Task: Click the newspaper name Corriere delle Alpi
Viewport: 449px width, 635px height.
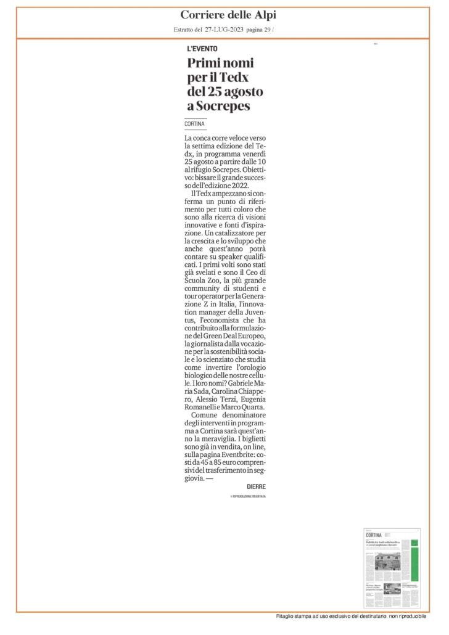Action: click(224, 15)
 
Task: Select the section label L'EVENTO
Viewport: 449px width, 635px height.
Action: click(202, 49)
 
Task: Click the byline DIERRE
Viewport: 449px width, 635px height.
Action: click(256, 486)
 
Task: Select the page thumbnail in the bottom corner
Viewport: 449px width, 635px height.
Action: click(392, 567)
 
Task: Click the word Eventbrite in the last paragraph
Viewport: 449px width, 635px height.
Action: click(241, 453)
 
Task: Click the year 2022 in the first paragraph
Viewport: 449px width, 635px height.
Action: click(249, 184)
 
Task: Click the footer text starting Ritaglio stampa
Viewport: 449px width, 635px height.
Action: click(350, 617)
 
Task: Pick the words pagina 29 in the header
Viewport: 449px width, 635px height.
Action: click(259, 31)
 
